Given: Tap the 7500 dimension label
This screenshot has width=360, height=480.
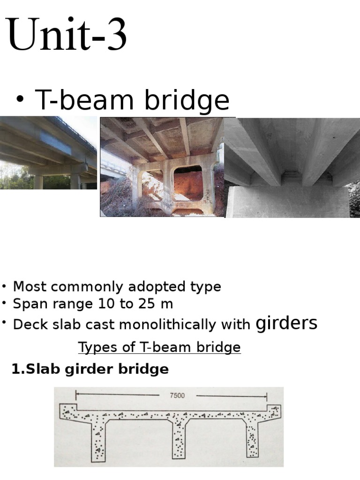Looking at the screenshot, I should (x=177, y=395).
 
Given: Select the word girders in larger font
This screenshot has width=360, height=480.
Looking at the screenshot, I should (x=286, y=323).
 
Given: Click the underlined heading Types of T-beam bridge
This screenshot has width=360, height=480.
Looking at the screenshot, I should (x=159, y=347).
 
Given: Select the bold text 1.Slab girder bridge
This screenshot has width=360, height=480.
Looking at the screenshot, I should (x=90, y=369).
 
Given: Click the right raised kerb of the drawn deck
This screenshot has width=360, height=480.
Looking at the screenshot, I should (x=274, y=409).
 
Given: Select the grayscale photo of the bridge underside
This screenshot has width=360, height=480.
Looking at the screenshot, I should (x=292, y=168).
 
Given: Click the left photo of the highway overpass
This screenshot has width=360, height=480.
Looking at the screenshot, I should (x=48, y=153).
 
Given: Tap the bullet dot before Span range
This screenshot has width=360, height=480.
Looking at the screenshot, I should (x=4, y=304).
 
